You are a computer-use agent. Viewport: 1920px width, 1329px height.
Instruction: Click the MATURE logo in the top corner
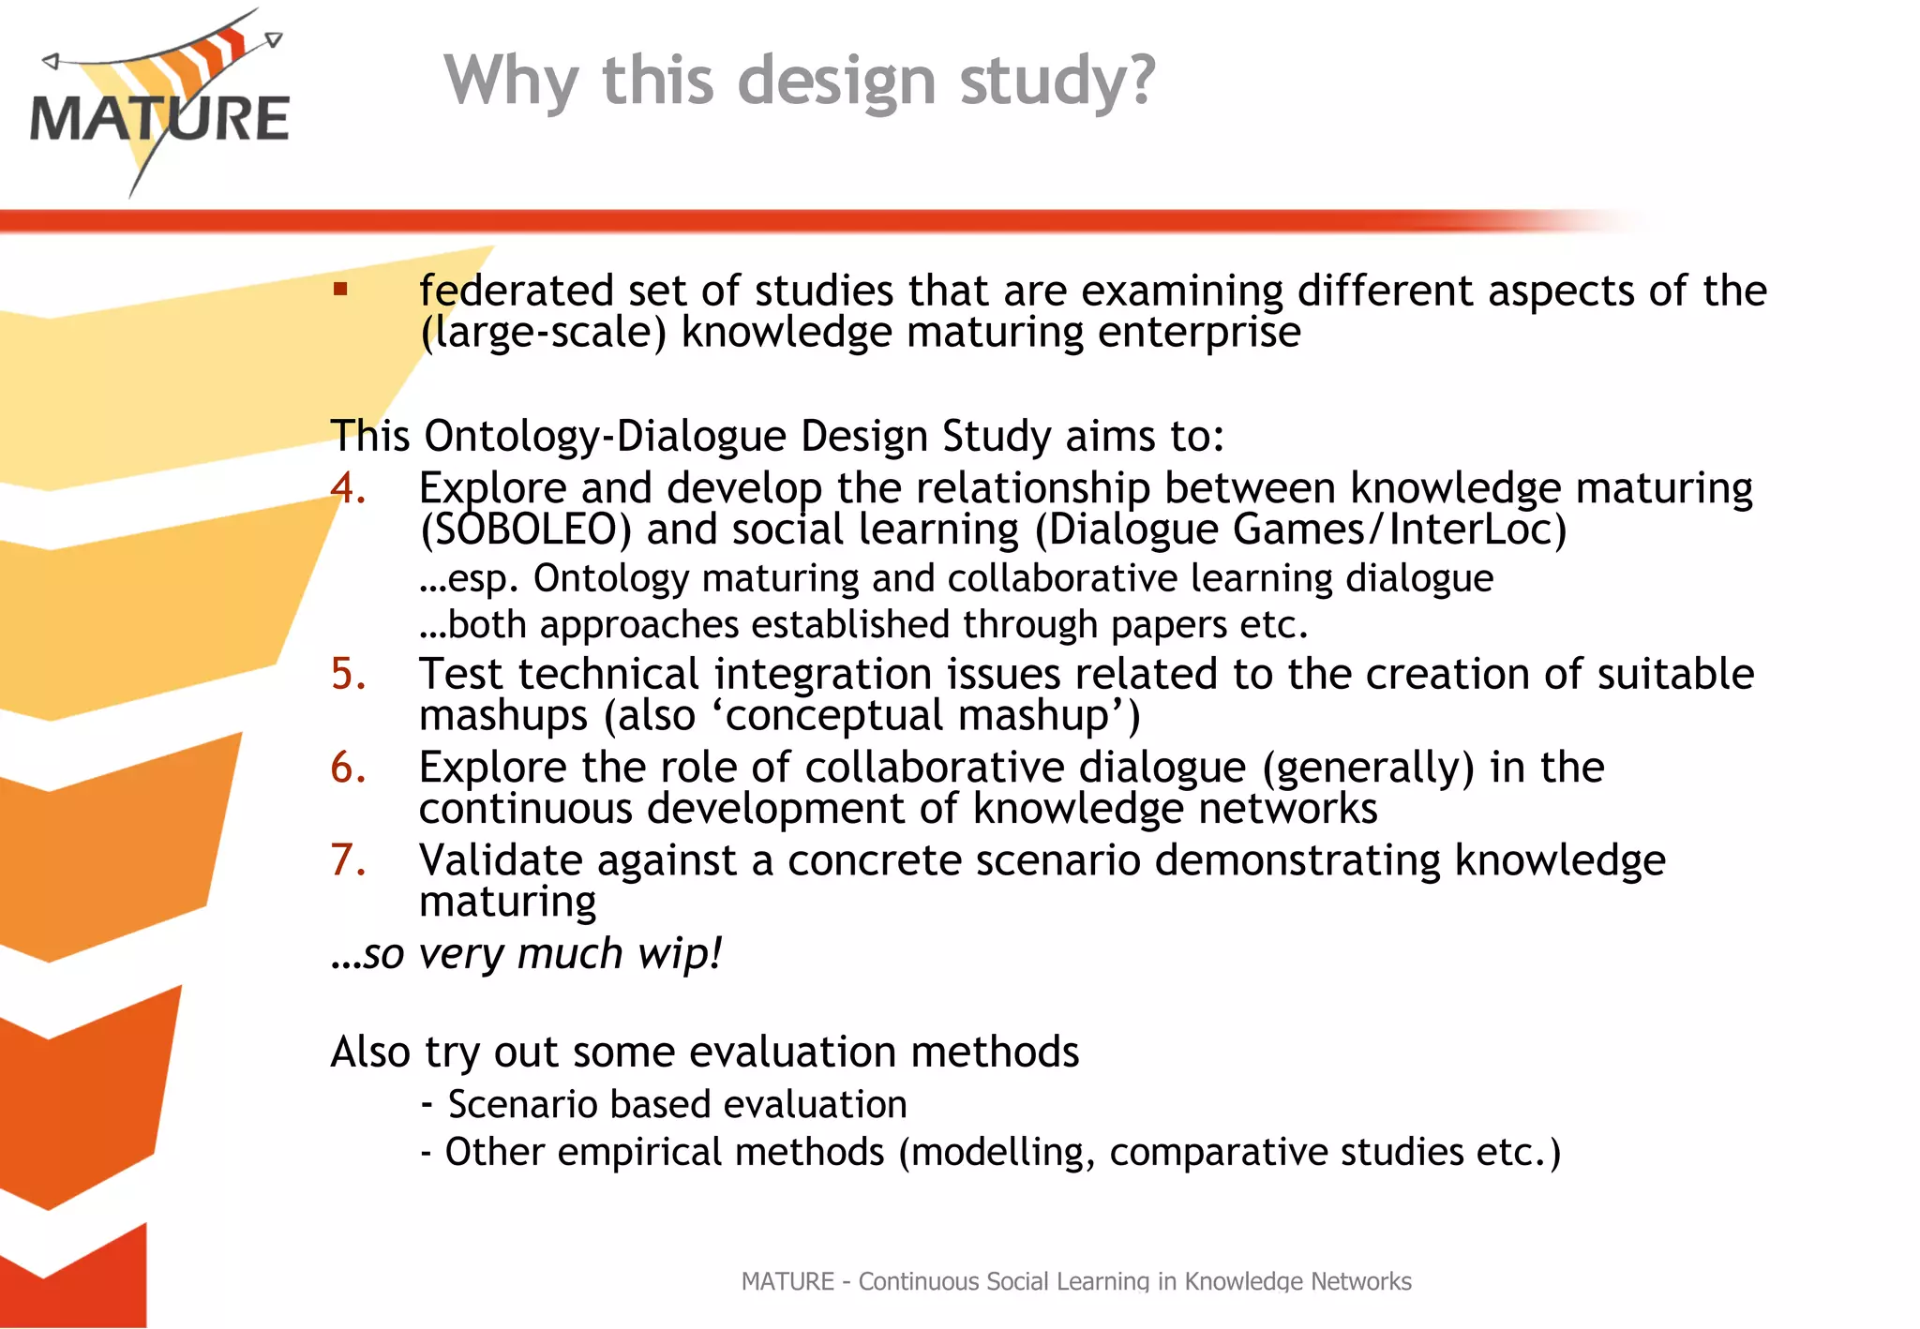[x=159, y=103]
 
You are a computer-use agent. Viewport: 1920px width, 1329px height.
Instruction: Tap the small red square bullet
[x=340, y=290]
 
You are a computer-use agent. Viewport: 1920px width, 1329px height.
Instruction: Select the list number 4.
[x=348, y=488]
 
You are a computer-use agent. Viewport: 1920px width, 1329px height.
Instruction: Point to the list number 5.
[x=348, y=674]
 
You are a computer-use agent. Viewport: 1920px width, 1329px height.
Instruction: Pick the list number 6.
[x=348, y=768]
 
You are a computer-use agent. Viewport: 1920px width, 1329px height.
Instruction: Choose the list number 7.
[x=348, y=860]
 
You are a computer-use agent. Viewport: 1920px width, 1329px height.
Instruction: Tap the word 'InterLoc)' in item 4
[x=1477, y=530]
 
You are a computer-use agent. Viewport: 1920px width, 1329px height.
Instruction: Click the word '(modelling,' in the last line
[x=997, y=1153]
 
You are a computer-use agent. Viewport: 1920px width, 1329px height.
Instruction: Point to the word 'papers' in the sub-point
[x=1168, y=625]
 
